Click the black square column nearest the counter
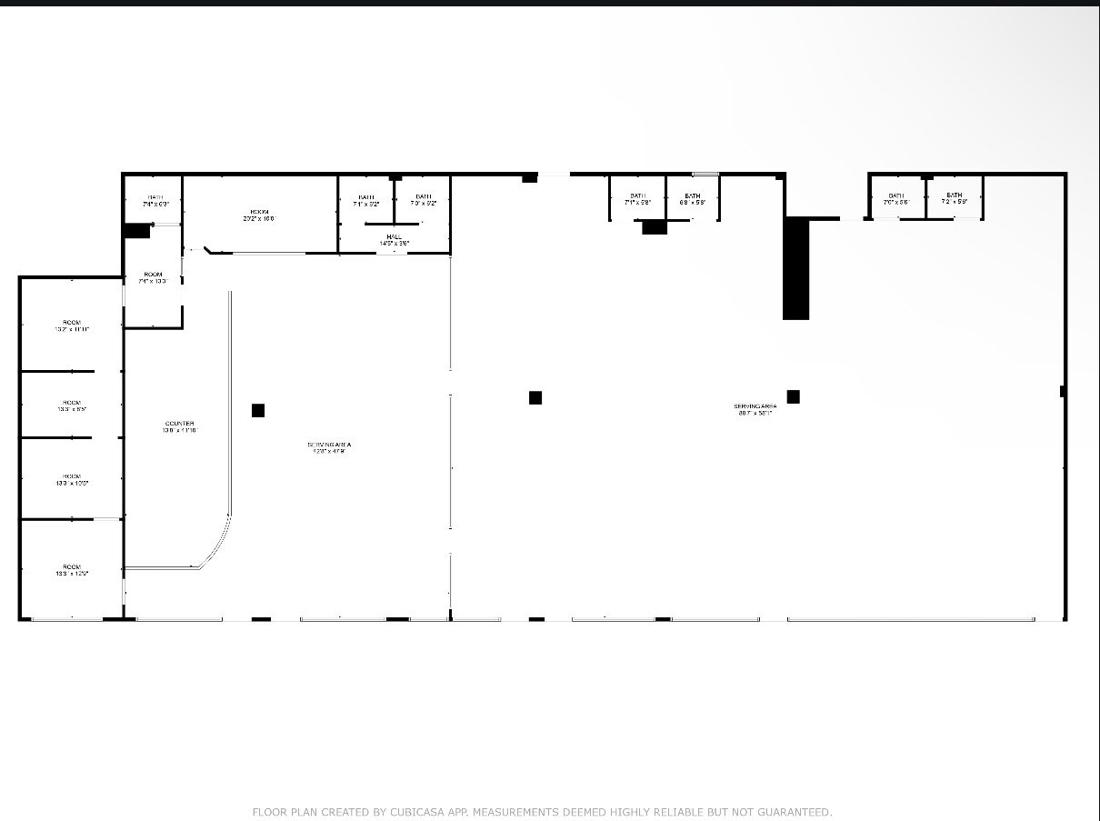point(258,410)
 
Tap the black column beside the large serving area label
point(794,396)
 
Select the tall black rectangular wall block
point(795,269)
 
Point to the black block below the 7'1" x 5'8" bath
point(655,227)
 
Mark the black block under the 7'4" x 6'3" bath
point(137,231)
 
